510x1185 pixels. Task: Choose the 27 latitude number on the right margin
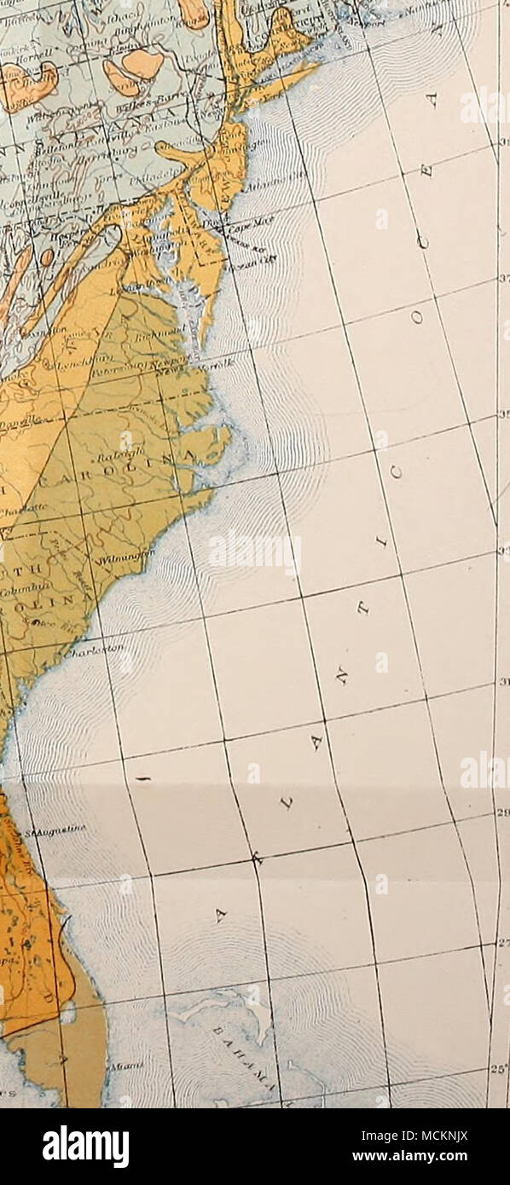501,943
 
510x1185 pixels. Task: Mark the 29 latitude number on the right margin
501,812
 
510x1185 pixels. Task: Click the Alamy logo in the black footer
86,1146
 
